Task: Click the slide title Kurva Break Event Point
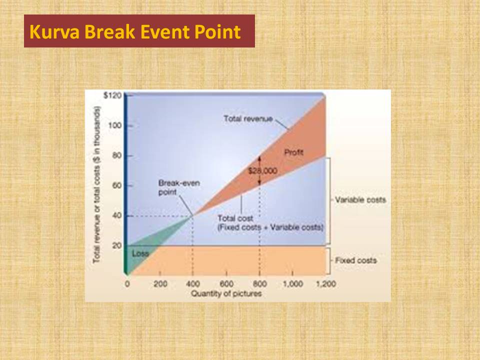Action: click(135, 32)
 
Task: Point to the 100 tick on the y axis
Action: click(115, 125)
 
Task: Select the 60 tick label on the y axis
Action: click(116, 185)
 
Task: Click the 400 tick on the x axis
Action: click(193, 284)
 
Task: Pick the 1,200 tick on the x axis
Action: click(325, 284)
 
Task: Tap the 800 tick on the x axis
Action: click(259, 284)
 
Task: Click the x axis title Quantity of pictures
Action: click(226, 293)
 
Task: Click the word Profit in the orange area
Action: click(294, 152)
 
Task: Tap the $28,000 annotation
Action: click(262, 171)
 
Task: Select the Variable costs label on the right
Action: click(360, 199)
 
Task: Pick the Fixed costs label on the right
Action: click(355, 260)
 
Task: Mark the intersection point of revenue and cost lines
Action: click(193, 215)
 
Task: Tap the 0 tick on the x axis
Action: click(127, 284)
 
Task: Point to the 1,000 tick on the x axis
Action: click(292, 284)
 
